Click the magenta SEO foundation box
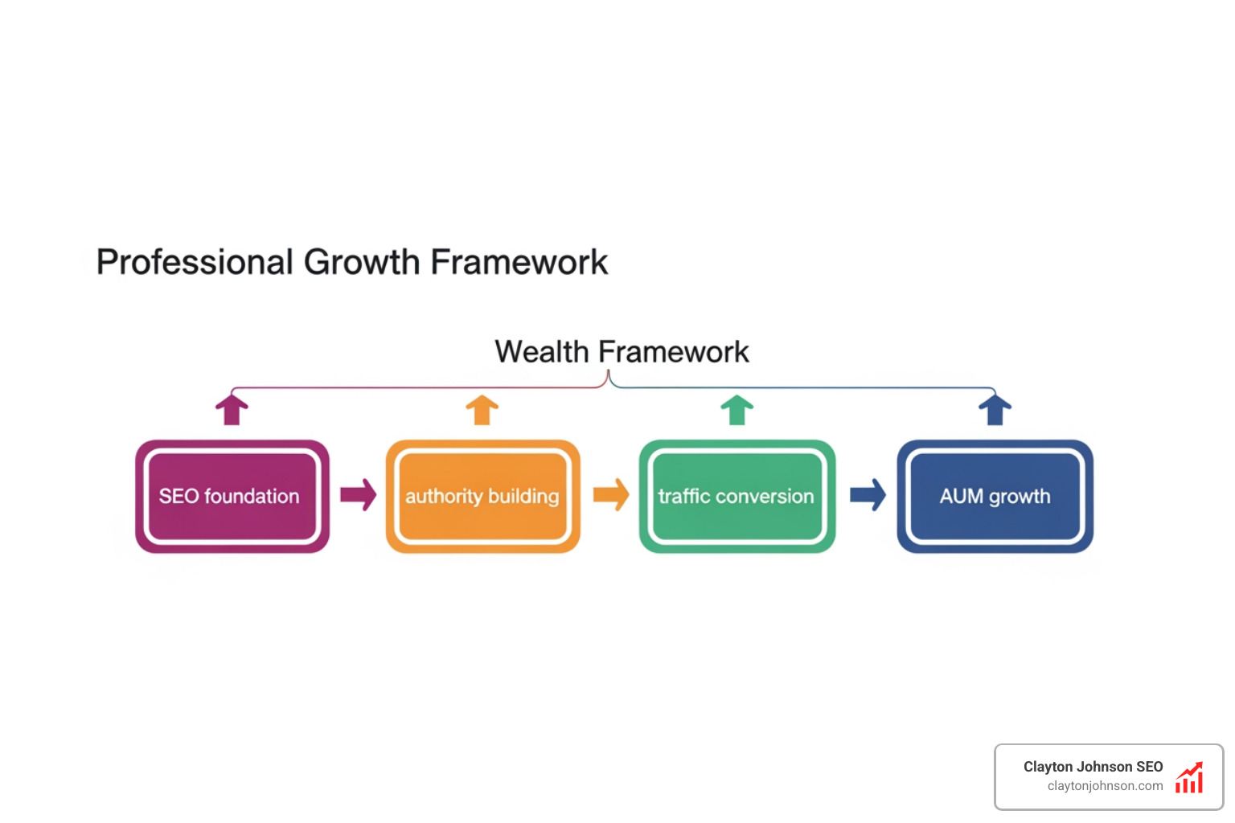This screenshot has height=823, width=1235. (232, 496)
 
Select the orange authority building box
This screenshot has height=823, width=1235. (482, 496)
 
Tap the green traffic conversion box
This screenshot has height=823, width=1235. (736, 496)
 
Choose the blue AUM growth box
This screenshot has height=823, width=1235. (995, 496)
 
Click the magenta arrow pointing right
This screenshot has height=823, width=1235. (358, 495)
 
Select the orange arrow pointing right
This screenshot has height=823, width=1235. (611, 495)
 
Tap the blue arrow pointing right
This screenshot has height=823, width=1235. (868, 495)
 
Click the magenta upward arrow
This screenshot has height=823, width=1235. (232, 409)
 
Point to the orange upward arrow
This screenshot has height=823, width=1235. (482, 409)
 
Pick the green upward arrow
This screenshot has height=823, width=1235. (736, 409)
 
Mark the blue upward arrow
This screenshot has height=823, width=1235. (995, 409)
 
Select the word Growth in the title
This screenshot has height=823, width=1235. (362, 263)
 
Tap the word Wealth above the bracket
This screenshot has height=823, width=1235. (542, 352)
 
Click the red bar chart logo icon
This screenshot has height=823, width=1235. (1189, 777)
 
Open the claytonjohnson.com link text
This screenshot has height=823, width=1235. (1105, 786)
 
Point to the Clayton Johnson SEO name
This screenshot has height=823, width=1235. (1093, 767)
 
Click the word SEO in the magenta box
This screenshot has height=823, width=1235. (178, 497)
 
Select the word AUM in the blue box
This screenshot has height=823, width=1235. (962, 497)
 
